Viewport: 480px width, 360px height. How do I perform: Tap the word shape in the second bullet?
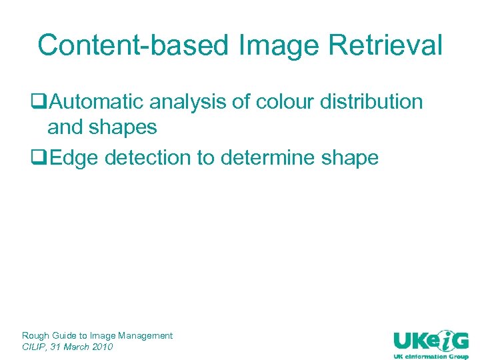coord(349,159)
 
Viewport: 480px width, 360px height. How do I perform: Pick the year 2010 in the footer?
coord(102,347)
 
